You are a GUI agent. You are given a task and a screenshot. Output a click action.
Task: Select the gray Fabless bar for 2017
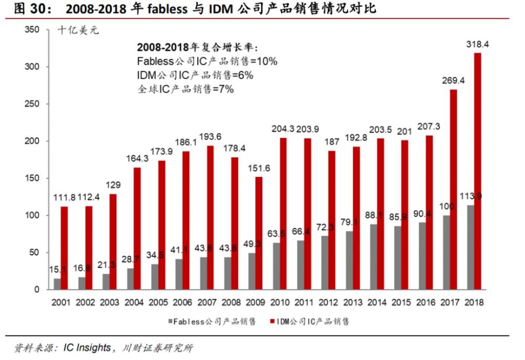(446, 252)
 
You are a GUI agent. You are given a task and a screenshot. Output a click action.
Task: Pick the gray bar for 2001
(57, 283)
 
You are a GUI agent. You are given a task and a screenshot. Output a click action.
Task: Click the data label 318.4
(478, 45)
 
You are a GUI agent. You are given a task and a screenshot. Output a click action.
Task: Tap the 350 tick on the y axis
(33, 30)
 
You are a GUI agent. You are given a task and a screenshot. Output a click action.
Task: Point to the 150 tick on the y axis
(33, 178)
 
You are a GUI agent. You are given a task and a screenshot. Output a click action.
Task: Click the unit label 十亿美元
(78, 30)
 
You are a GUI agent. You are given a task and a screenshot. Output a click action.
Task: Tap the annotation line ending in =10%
(207, 61)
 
